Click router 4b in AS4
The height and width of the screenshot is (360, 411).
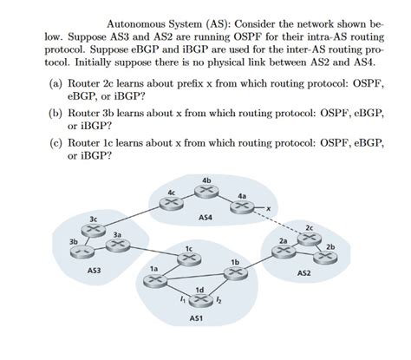pos(205,190)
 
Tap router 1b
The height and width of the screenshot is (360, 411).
pos(233,272)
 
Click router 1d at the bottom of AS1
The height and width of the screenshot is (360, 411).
pos(200,300)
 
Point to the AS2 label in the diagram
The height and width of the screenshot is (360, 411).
pos(303,272)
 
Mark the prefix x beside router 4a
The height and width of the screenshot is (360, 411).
pos(269,208)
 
